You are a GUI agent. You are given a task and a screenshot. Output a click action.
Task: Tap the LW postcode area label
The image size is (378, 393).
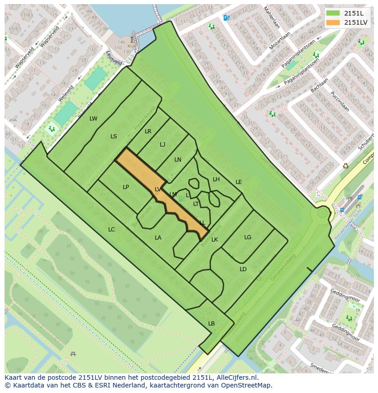pyautogui.click(x=93, y=119)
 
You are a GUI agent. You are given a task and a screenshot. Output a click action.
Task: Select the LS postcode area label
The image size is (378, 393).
pyautogui.click(x=114, y=136)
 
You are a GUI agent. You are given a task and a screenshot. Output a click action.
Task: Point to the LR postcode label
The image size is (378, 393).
pyautogui.click(x=148, y=131)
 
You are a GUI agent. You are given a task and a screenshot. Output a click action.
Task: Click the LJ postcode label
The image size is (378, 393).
pyautogui.click(x=163, y=145)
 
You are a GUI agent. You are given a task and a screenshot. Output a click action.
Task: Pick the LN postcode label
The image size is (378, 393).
pyautogui.click(x=178, y=160)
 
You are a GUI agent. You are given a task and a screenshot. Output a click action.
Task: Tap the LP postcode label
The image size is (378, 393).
pyautogui.click(x=126, y=187)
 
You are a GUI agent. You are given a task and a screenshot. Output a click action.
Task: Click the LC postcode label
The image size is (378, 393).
pyautogui.click(x=111, y=230)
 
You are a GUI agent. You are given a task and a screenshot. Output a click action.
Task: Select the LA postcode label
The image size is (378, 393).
pyautogui.click(x=158, y=238)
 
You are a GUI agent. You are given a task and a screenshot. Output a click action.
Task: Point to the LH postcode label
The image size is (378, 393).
pyautogui.click(x=216, y=179)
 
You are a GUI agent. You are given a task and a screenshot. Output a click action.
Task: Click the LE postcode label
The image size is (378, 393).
pyautogui.click(x=238, y=182)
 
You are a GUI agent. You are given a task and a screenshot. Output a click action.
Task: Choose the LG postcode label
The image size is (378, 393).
pyautogui.click(x=247, y=237)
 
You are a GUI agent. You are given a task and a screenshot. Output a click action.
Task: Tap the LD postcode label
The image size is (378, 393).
pyautogui.click(x=243, y=269)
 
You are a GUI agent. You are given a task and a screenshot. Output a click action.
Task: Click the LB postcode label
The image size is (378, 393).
pyautogui.click(x=211, y=324)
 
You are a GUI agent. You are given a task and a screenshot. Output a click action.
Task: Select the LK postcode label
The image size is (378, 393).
pyautogui.click(x=215, y=240)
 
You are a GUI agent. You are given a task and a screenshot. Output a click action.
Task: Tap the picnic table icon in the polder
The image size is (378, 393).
pyautogui.click(x=73, y=354)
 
